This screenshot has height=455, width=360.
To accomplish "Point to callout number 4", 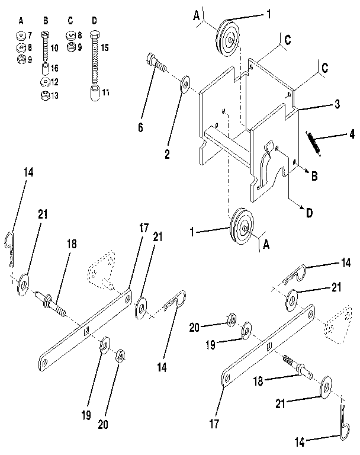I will pos(352,135).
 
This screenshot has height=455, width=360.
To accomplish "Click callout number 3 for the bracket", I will pos(336,104).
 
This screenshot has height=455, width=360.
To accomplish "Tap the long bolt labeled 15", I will pos(95,59).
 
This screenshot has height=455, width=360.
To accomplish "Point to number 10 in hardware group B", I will pos(54,47).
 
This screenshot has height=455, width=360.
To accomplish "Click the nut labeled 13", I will pos(45,95).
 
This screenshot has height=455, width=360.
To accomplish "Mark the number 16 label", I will pos(54,69).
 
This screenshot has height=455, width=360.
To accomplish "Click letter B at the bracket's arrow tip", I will pos(314,175).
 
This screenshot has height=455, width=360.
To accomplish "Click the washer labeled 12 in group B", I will pos(45,81).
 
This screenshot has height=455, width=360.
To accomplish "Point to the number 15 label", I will pos(105,47).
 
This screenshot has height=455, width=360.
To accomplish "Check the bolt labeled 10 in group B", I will pos(45,47).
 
